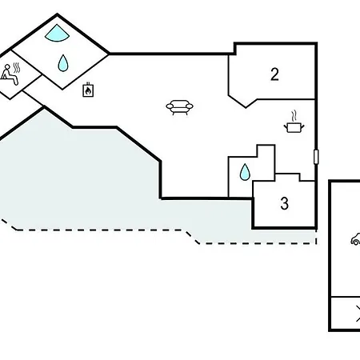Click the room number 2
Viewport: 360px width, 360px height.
(274, 74)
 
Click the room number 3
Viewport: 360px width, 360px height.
(285, 203)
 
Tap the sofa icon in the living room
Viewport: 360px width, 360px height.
(179, 107)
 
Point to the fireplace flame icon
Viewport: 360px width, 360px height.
(88, 90)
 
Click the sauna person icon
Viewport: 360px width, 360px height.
(9, 75)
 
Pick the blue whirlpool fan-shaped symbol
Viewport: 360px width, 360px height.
(57, 34)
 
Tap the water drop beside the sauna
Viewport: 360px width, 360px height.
(63, 63)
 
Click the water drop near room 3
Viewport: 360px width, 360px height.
(245, 172)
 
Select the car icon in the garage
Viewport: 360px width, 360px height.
(356, 239)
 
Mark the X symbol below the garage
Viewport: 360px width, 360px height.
(358, 314)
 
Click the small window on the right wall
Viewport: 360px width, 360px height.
(316, 157)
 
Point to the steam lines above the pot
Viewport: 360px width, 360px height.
(294, 116)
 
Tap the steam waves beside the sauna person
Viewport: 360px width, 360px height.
(17, 68)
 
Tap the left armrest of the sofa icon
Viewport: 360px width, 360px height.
(170, 106)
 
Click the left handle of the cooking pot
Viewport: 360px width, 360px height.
(286, 126)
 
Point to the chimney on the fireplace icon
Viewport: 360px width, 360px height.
(88, 84)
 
